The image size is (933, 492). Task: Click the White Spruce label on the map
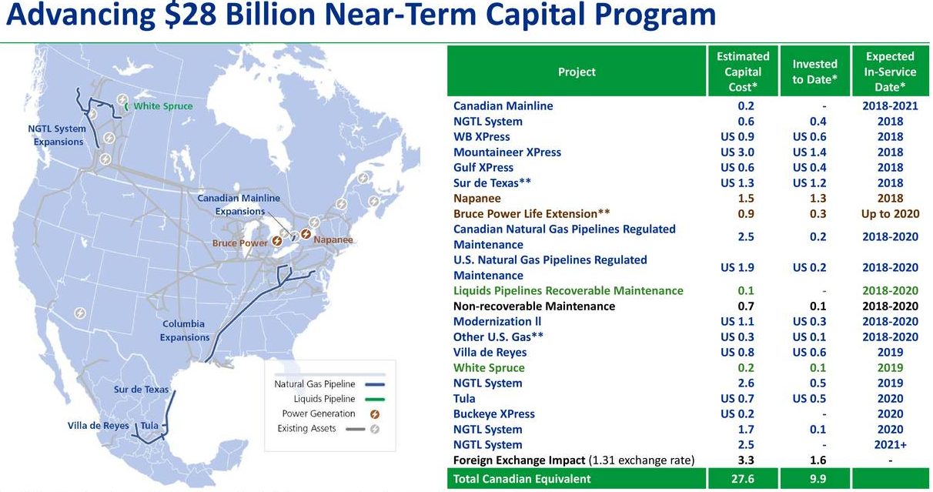tap(162, 106)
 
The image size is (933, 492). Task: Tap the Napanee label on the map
tap(333, 239)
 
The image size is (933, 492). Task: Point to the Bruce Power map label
tap(240, 243)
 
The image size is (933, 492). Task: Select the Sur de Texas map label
tap(141, 390)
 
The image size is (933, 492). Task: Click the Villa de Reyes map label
tap(99, 426)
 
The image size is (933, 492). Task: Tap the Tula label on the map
tap(150, 426)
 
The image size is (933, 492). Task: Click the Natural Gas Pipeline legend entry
tap(314, 384)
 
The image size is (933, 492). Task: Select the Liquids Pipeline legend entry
tap(324, 399)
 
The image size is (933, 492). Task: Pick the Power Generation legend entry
tap(318, 413)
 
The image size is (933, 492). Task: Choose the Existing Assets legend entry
tap(306, 428)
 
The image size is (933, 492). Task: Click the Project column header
tap(577, 72)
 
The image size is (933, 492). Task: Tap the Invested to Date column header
tap(814, 72)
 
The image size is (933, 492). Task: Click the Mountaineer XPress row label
tap(507, 152)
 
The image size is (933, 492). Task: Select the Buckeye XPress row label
tap(493, 414)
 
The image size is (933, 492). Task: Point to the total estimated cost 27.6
tap(745, 479)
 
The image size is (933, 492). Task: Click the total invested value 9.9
tap(814, 479)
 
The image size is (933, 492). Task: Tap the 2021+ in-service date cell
tap(890, 445)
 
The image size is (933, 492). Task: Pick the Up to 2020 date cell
tap(890, 214)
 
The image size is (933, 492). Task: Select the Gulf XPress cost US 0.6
tap(737, 168)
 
